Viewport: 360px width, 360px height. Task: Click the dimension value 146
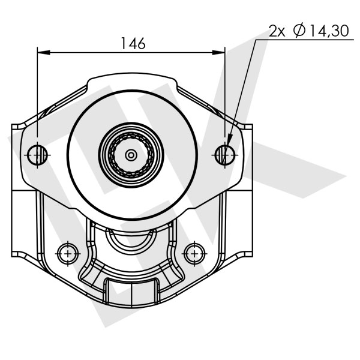[x=133, y=43]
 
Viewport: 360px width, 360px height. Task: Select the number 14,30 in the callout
[x=328, y=31]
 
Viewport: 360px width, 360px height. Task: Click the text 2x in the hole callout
[x=277, y=31]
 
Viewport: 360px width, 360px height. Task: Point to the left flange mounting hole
[x=37, y=155]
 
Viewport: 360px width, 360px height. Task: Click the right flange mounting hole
[x=225, y=155]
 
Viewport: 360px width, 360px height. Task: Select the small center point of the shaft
[x=131, y=155]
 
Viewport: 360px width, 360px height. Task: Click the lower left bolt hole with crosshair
[x=67, y=253]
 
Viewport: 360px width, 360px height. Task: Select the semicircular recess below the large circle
[x=130, y=240]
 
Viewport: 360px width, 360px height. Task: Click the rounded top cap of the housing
[x=130, y=80]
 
